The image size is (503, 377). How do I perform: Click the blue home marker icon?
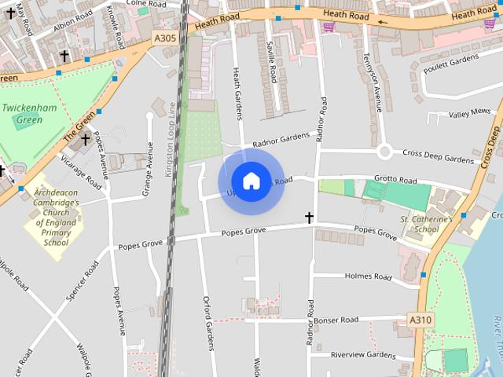[251, 181]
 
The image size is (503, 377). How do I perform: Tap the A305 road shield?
[165, 38]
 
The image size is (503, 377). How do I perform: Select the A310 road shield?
[421, 320]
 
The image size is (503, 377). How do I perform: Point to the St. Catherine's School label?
[426, 224]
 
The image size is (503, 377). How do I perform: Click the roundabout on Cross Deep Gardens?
[384, 152]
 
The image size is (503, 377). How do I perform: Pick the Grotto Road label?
[395, 180]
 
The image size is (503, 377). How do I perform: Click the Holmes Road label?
[369, 276]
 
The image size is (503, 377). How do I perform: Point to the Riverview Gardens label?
[362, 355]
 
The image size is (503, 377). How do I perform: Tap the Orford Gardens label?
[208, 322]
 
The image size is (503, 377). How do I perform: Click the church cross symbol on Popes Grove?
[309, 218]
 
